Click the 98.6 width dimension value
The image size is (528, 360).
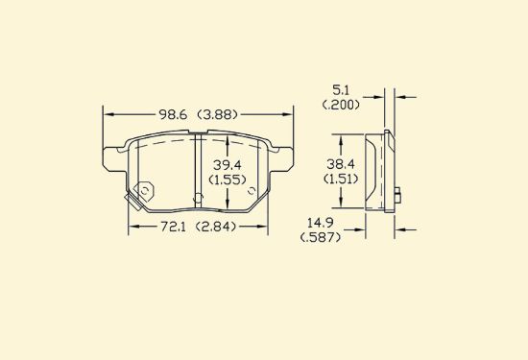click(x=173, y=115)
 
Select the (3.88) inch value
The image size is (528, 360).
click(x=217, y=115)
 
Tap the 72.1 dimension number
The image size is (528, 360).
click(x=173, y=227)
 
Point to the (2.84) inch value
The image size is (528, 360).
click(x=216, y=227)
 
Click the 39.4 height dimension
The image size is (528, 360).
click(x=228, y=165)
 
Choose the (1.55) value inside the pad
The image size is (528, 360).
click(x=228, y=180)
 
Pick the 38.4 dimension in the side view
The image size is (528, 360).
click(x=341, y=164)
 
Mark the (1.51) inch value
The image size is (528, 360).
click(x=341, y=179)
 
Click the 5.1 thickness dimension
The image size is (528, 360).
click(x=341, y=90)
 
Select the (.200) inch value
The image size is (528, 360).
click(x=341, y=105)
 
